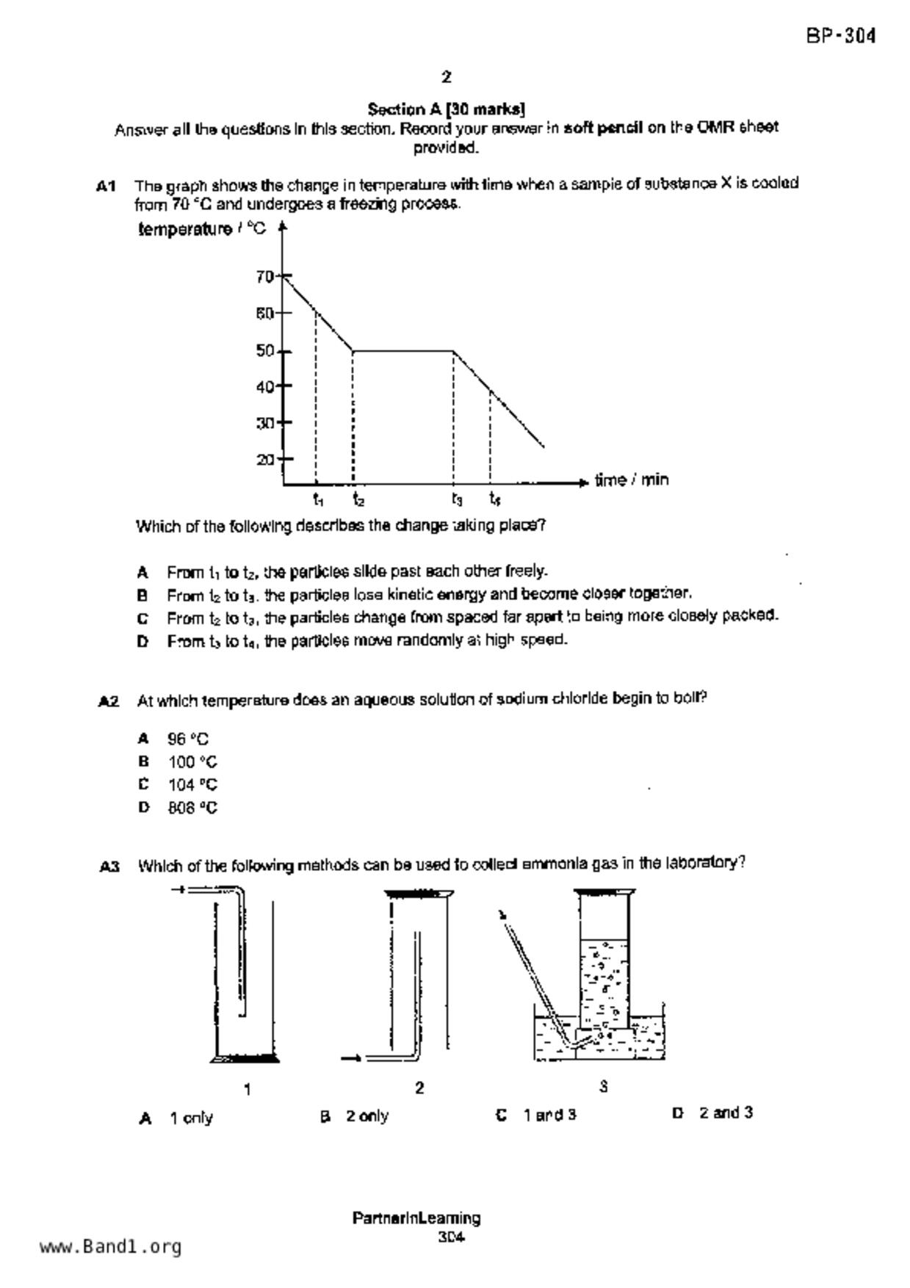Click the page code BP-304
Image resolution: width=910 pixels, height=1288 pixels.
[x=840, y=36]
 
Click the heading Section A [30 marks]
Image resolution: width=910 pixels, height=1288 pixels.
[x=446, y=109]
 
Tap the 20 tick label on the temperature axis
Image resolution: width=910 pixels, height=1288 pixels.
[x=264, y=460]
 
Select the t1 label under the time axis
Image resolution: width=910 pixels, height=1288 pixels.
[x=317, y=500]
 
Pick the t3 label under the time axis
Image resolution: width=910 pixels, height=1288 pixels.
[x=457, y=500]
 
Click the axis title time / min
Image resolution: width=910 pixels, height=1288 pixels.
[x=631, y=480]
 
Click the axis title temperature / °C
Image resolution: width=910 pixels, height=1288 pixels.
[x=202, y=230]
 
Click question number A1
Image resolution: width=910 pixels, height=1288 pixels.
[x=106, y=187]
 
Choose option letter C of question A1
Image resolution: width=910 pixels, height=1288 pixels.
[x=142, y=618]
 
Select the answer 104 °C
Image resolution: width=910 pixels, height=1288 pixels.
[x=192, y=784]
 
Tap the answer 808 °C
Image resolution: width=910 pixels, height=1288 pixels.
[x=192, y=808]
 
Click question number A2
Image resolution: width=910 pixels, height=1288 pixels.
[x=109, y=702]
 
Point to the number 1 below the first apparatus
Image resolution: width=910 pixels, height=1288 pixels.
[x=248, y=1090]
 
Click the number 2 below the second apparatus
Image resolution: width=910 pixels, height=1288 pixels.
[x=419, y=1088]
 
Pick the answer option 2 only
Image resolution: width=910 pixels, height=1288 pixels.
[x=367, y=1116]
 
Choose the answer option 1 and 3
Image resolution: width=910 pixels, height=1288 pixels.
[x=549, y=1115]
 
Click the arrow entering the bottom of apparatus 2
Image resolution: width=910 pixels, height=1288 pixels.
[x=351, y=1058]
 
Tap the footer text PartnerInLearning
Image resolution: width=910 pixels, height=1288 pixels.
[x=416, y=1218]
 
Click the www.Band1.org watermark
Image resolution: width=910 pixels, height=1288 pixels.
[x=110, y=1246]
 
